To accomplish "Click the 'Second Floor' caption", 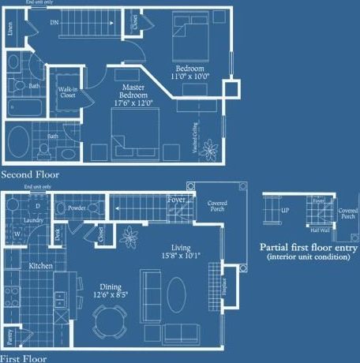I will [x=29, y=174].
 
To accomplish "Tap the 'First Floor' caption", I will [x=24, y=357].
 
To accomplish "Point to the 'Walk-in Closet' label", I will [x=67, y=95].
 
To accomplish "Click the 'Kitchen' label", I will [x=41, y=266].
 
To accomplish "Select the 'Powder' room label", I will [x=77, y=208].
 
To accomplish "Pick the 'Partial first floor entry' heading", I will [x=309, y=247].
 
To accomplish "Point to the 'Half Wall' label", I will [x=320, y=230].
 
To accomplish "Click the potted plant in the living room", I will [x=128, y=234].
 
